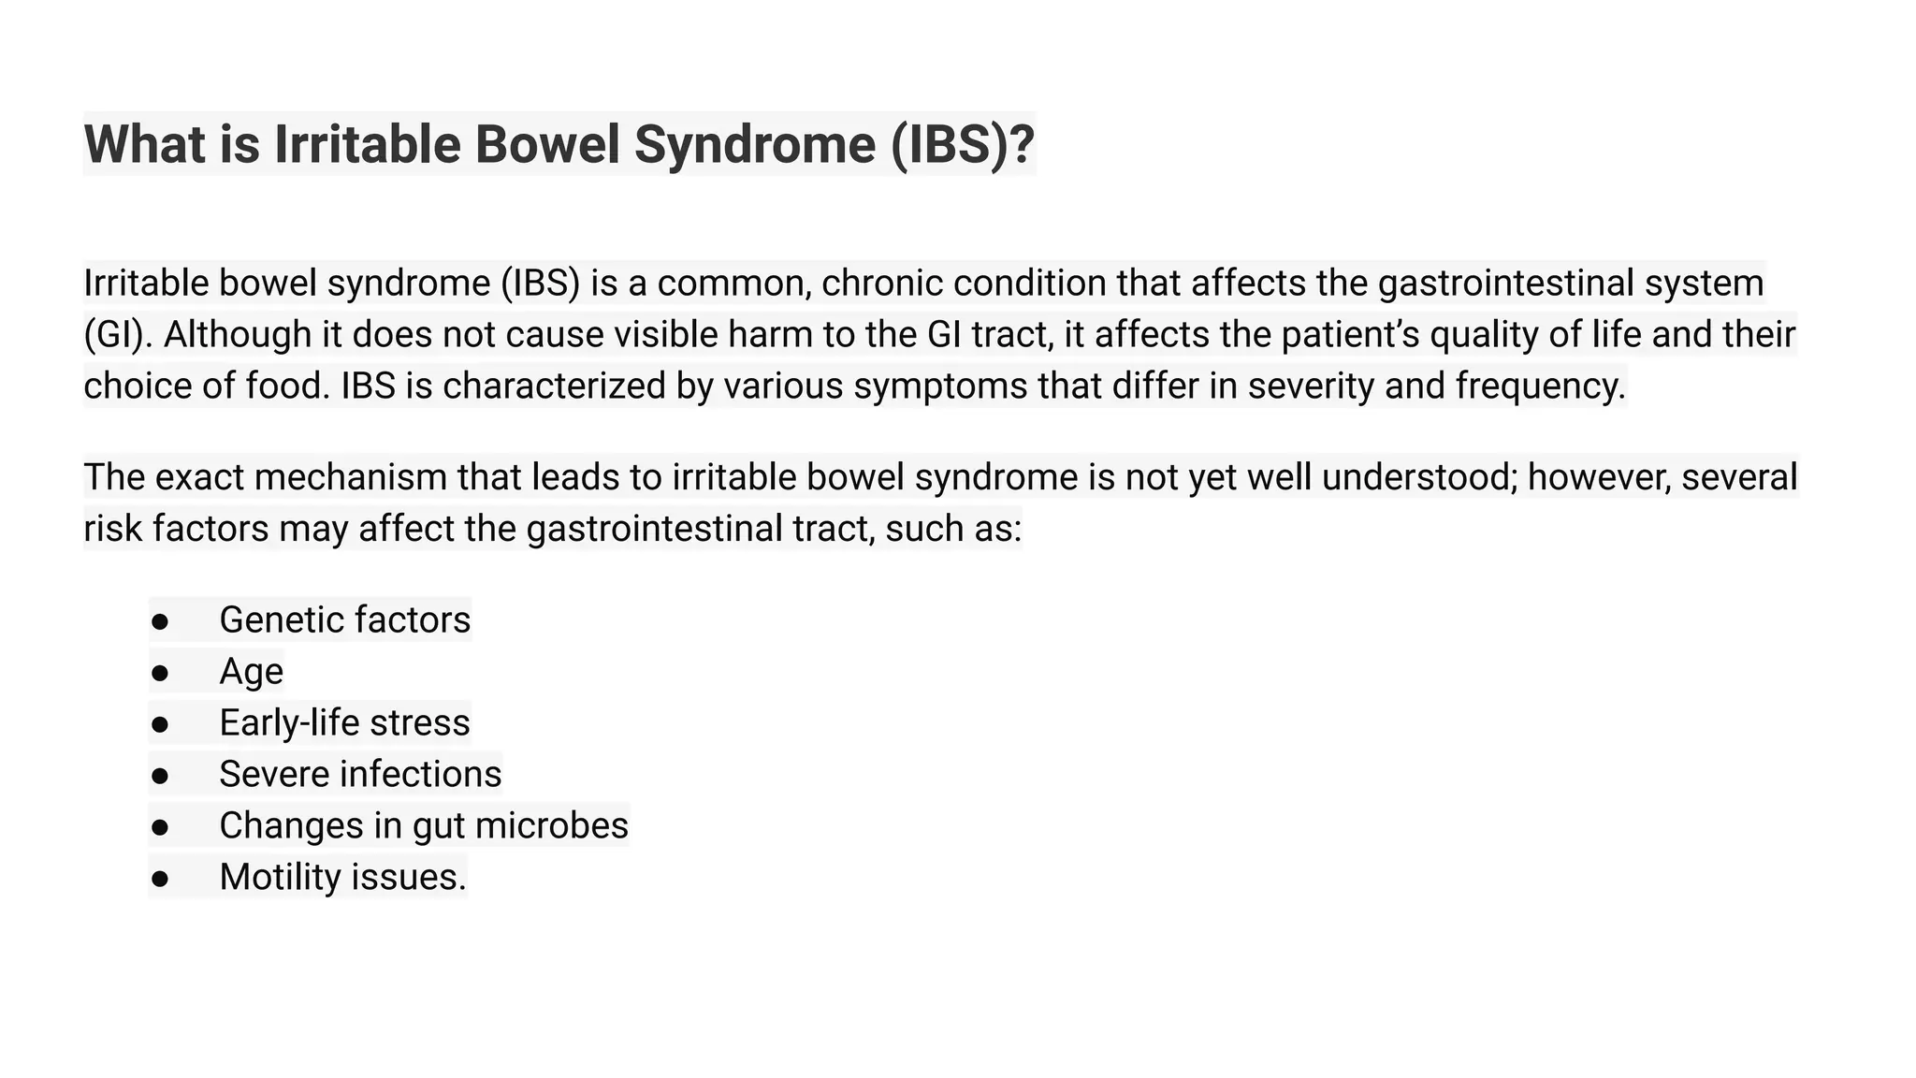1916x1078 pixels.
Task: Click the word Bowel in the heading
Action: pos(547,145)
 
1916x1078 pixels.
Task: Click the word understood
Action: pos(1418,477)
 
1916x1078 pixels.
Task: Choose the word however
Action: pos(1599,477)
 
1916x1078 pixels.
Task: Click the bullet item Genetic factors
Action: pos(344,619)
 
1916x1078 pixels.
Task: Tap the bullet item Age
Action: pos(251,671)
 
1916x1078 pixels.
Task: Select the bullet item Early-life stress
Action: pos(344,722)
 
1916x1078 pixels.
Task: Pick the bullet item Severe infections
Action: pos(360,774)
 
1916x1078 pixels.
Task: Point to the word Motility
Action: pos(280,877)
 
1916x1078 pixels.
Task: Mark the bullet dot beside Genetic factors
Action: pos(160,621)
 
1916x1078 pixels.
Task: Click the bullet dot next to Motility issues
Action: pos(160,879)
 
